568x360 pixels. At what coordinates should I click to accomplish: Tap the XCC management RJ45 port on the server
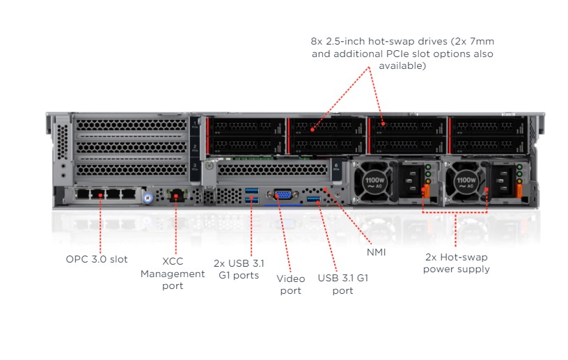click(x=177, y=195)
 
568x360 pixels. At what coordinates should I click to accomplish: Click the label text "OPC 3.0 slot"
click(x=97, y=259)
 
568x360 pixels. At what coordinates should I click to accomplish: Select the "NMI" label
click(x=377, y=252)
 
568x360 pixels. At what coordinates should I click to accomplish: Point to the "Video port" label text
click(x=291, y=284)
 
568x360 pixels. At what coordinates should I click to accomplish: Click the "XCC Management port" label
click(x=173, y=274)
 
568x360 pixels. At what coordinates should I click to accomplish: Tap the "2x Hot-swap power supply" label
click(x=456, y=263)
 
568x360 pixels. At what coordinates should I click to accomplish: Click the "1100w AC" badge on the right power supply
click(x=464, y=182)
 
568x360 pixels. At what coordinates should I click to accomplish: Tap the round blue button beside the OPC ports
click(x=147, y=198)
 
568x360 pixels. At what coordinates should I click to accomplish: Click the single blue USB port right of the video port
click(x=313, y=201)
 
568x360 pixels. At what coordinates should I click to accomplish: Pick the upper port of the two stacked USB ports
click(x=251, y=191)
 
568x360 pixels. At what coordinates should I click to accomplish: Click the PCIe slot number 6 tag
click(x=336, y=168)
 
